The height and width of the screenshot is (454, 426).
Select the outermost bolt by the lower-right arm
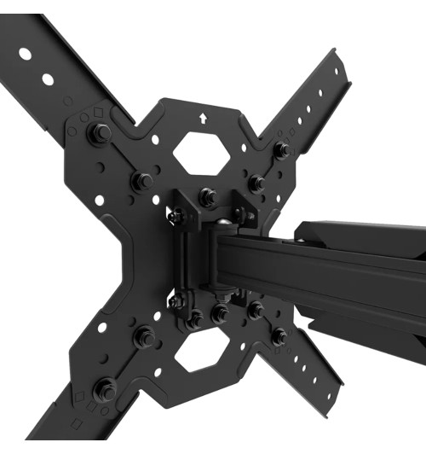point(279,336)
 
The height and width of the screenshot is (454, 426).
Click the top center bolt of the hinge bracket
point(207,197)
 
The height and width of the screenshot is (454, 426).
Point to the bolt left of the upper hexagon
point(142,180)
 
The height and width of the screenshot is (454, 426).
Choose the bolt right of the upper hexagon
point(256,182)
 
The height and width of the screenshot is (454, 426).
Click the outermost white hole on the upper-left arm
point(26,55)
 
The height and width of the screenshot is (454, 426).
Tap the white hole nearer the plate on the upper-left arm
point(49,79)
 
